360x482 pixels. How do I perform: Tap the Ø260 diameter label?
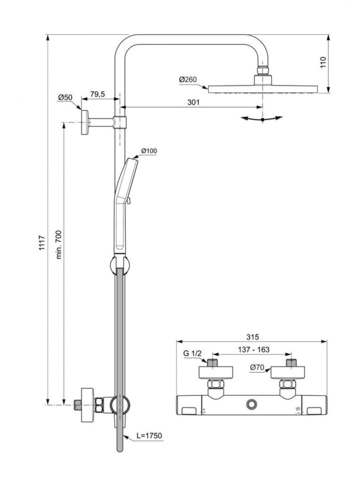click(x=188, y=80)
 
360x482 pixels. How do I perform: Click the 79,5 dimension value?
click(x=97, y=94)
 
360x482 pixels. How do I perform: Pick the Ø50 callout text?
click(x=65, y=97)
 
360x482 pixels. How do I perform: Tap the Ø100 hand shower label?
click(x=149, y=151)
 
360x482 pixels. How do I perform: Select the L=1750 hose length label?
click(x=149, y=436)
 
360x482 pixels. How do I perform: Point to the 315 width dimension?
click(x=253, y=337)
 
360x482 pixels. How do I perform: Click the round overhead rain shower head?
click(x=263, y=88)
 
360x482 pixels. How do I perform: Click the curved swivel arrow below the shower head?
click(x=262, y=119)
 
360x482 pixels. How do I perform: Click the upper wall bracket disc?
click(x=85, y=122)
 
